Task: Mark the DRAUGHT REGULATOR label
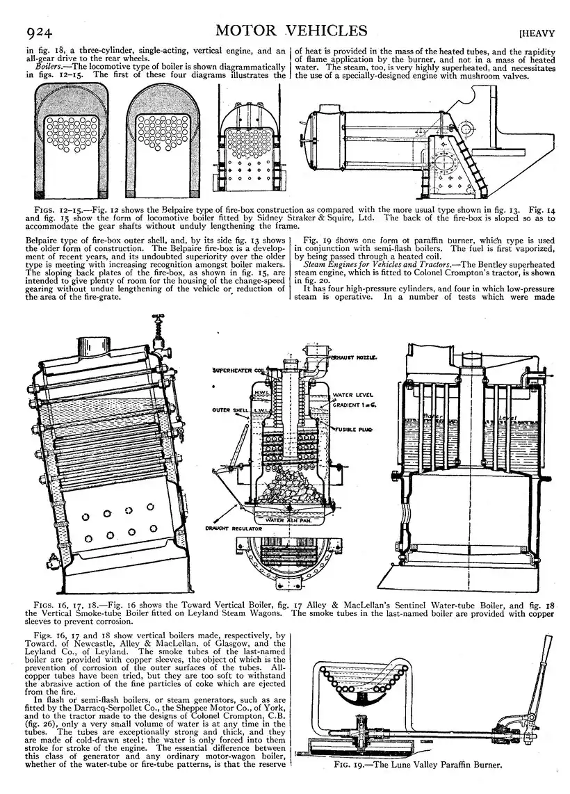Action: (x=234, y=528)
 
